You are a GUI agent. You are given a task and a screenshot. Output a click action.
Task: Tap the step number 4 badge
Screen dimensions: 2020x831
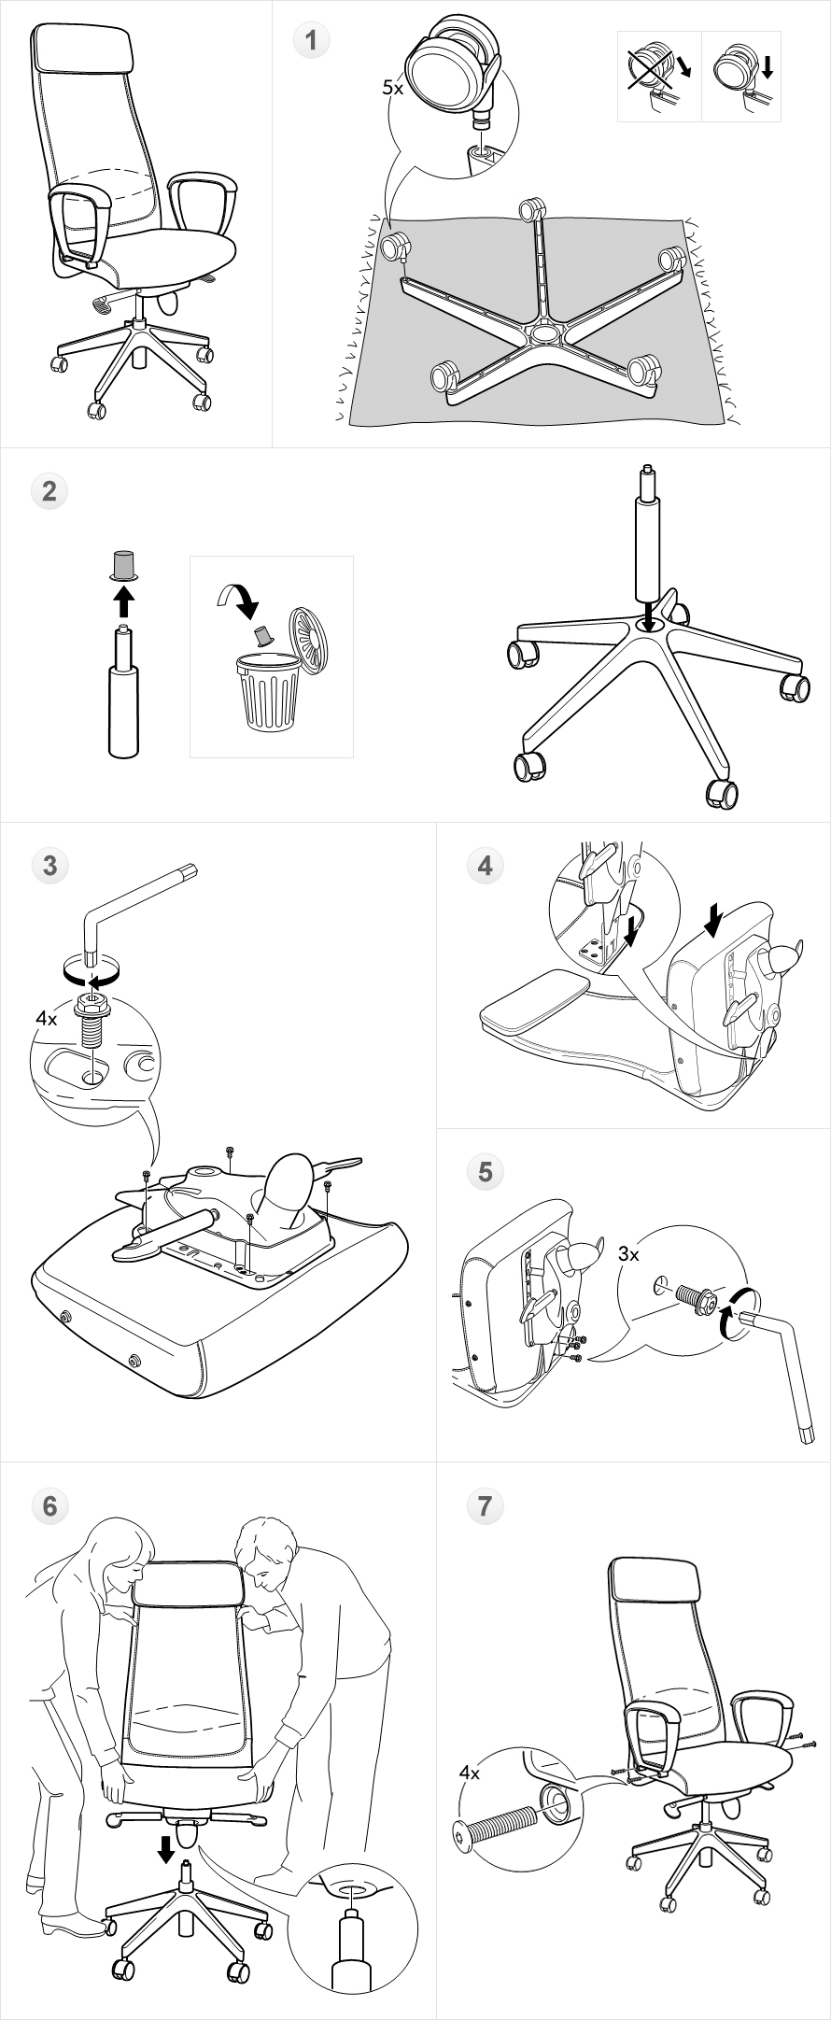click(485, 866)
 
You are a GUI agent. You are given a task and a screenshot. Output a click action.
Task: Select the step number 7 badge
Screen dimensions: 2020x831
click(485, 1505)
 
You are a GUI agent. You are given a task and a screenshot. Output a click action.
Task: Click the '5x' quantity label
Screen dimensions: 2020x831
click(392, 88)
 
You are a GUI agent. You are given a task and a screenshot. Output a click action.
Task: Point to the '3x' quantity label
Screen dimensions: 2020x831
click(628, 1254)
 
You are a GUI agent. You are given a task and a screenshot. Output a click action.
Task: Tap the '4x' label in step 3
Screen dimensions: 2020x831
click(47, 1019)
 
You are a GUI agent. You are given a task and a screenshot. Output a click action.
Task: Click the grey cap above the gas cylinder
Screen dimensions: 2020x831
click(122, 565)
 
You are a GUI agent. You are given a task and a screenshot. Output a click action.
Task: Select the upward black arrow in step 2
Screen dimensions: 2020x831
click(122, 601)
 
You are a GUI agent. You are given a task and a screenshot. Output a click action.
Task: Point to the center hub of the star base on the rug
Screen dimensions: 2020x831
click(542, 331)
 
